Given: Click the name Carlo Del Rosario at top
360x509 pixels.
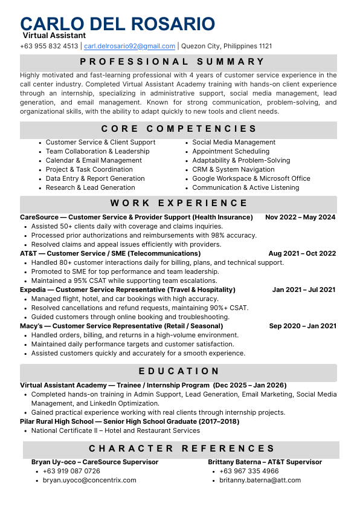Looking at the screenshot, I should [x=117, y=24].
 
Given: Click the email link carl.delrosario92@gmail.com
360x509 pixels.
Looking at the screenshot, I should [x=129, y=46].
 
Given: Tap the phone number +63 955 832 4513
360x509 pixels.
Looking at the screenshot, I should [x=49, y=46].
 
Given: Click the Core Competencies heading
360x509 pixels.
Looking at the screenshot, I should [x=179, y=129].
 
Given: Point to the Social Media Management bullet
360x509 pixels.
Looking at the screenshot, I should [x=225, y=143].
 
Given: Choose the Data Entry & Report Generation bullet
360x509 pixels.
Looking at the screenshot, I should [x=95, y=179].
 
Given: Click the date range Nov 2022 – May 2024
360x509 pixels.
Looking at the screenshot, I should [x=300, y=218].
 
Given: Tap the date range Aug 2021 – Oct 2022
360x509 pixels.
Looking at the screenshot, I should [x=302, y=254].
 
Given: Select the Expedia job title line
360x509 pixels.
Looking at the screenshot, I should [x=127, y=290].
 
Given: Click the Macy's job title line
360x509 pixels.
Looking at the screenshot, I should [x=121, y=326].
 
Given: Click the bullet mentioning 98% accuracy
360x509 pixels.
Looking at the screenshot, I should [x=144, y=236].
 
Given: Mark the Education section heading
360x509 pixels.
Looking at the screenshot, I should [x=179, y=371].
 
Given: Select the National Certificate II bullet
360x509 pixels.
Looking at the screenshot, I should [x=115, y=431].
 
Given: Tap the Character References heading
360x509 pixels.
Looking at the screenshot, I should [x=182, y=449].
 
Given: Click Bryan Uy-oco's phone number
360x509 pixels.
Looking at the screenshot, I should [x=71, y=472].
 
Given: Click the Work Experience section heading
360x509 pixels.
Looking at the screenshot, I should [x=179, y=204].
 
